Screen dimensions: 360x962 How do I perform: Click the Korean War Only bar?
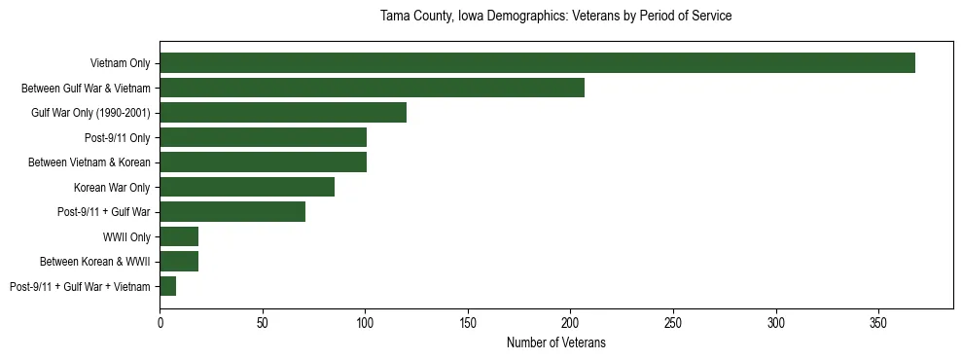[247, 187]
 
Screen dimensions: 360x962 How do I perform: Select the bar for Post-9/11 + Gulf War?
[232, 212]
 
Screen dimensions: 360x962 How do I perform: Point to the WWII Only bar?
[179, 236]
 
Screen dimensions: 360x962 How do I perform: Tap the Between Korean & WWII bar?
[179, 262]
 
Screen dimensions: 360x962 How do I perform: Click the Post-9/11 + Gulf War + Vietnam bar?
[167, 286]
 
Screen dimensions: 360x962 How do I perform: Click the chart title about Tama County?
[555, 17]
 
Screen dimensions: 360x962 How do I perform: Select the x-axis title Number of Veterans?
[555, 342]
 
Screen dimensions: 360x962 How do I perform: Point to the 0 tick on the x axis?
[160, 320]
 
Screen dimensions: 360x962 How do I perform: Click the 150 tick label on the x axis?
[468, 320]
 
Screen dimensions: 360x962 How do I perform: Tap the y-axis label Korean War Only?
[112, 187]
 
